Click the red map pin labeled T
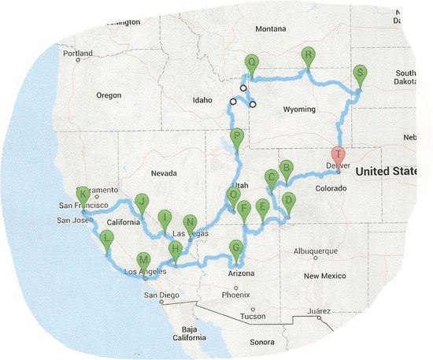pyautogui.click(x=338, y=155)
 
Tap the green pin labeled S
pyautogui.click(x=360, y=73)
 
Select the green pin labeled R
pyautogui.click(x=309, y=54)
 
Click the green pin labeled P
pyautogui.click(x=238, y=137)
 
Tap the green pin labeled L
pyautogui.click(x=107, y=239)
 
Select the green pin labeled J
pyautogui.click(x=142, y=202)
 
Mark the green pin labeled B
pyautogui.click(x=287, y=168)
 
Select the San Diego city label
pyautogui.click(x=160, y=295)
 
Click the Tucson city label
pyautogui.click(x=253, y=316)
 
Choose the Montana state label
pyautogui.click(x=271, y=28)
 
